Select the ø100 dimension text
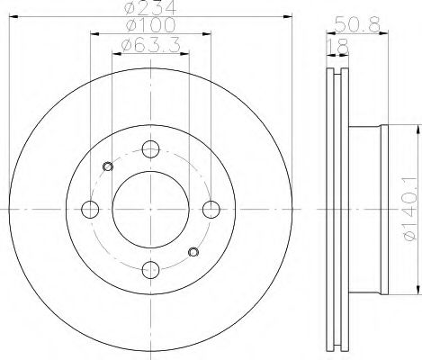point(151,26)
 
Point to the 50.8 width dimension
point(354,24)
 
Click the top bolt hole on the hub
point(151,149)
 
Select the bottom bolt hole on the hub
point(151,268)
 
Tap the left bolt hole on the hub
point(91,209)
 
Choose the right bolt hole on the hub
point(211,209)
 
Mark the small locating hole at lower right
point(193,251)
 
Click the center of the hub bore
point(151,209)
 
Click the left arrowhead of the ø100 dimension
point(94,34)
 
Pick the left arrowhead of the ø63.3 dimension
point(113,52)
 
